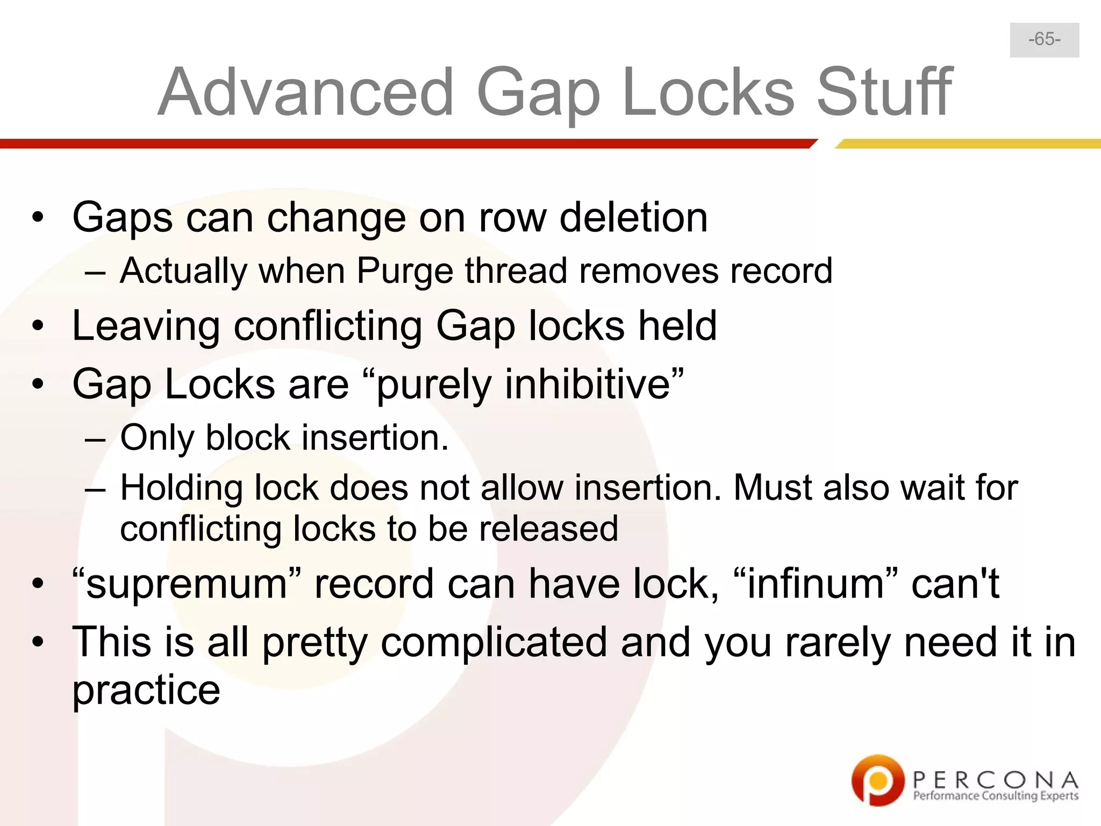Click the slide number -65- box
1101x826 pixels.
[1044, 40]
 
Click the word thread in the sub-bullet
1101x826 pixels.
[516, 270]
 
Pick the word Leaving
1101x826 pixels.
[146, 326]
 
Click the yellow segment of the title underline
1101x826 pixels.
[968, 144]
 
